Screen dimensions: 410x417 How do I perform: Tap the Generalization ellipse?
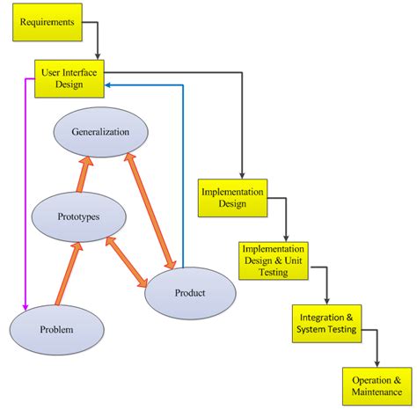(100, 132)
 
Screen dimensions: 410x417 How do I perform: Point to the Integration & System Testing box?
(326, 323)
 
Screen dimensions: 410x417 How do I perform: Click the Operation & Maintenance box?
(375, 384)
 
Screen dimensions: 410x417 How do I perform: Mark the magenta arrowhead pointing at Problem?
(26, 306)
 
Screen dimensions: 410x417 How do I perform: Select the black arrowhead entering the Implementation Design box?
(241, 173)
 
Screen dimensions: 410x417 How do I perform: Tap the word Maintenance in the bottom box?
(375, 390)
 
